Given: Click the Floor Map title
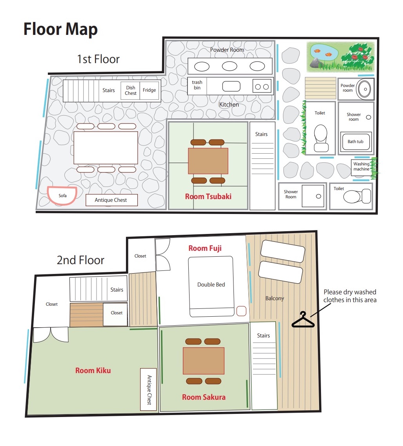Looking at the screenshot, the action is click(x=60, y=29).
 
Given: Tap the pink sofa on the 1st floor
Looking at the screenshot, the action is click(x=62, y=196).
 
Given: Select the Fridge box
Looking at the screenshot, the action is click(x=149, y=90).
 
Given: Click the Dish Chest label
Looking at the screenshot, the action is click(x=130, y=91).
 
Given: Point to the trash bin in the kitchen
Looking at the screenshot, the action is click(x=197, y=85).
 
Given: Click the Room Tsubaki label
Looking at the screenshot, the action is click(x=208, y=197).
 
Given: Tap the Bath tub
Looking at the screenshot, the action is click(x=356, y=141).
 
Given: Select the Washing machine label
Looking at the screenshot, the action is click(x=361, y=167).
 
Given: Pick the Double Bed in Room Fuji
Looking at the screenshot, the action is click(x=211, y=286).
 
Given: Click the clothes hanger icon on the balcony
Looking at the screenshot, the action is click(x=303, y=320).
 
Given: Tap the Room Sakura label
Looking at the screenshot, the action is click(x=204, y=397).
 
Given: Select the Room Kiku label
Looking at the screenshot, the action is click(x=93, y=371).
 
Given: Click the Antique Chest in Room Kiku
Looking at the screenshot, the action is click(x=148, y=390).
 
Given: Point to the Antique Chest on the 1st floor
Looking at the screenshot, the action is click(x=112, y=200).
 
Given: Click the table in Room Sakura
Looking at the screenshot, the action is click(x=204, y=361).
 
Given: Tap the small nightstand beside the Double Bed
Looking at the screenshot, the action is click(x=241, y=311).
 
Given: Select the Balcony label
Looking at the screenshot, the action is click(x=275, y=298).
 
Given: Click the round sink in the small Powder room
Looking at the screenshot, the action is click(x=364, y=89).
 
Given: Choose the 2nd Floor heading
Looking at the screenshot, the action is click(x=80, y=260).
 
